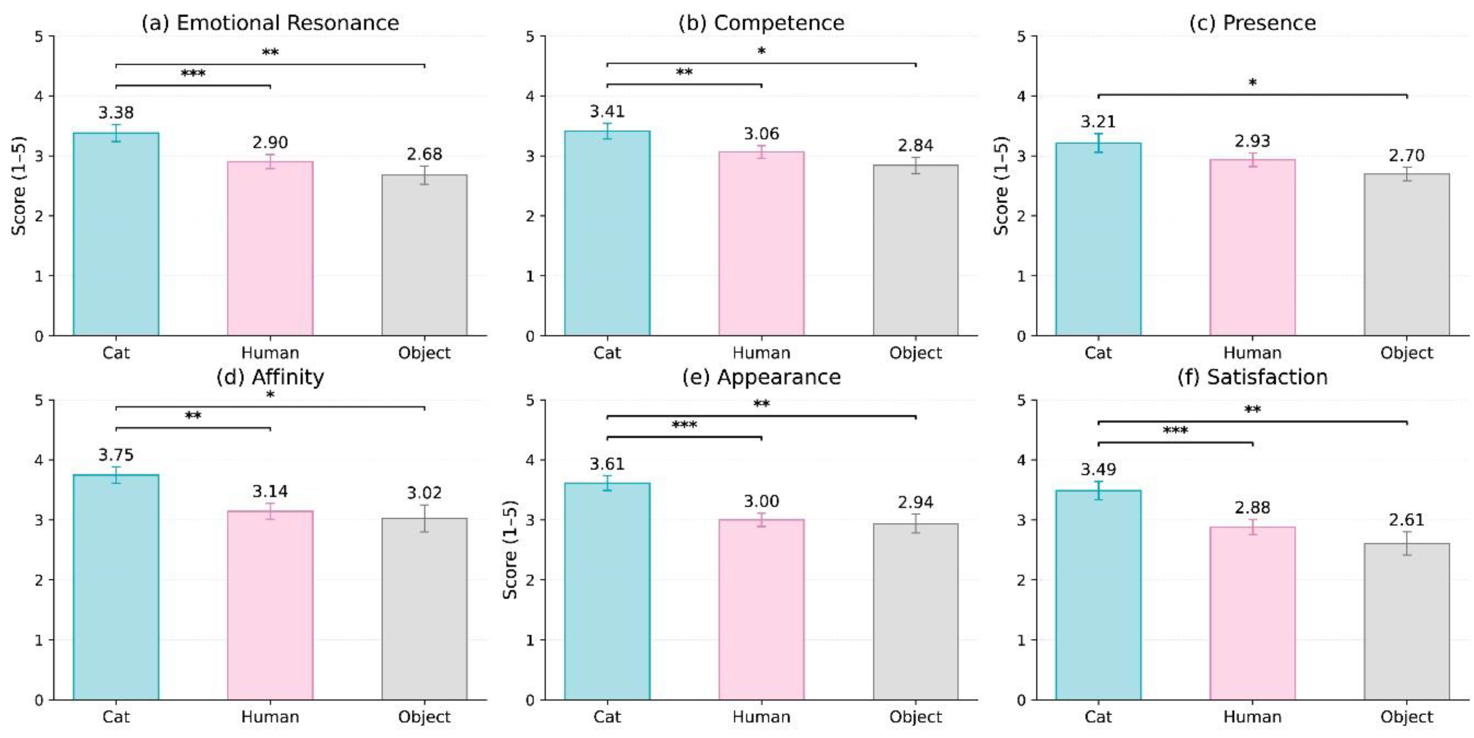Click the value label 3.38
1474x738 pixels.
point(116,112)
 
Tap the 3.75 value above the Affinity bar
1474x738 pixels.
point(116,455)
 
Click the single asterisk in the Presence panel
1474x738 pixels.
point(1252,83)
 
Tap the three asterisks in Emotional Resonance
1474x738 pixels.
point(193,74)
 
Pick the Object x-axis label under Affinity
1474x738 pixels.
point(424,717)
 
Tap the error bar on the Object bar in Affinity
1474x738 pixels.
point(424,518)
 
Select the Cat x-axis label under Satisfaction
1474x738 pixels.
point(1098,717)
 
